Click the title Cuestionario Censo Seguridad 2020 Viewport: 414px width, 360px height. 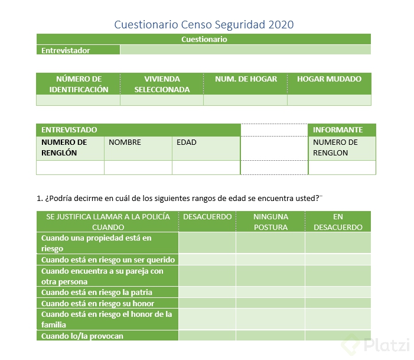[x=203, y=24]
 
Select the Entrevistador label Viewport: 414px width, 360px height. [x=66, y=50]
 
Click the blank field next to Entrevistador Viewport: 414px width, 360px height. [x=245, y=50]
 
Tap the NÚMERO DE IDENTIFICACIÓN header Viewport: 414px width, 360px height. [x=79, y=84]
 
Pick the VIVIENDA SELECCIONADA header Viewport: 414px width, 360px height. [x=162, y=84]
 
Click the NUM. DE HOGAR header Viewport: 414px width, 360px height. [x=246, y=79]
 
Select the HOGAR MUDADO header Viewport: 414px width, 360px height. [x=329, y=79]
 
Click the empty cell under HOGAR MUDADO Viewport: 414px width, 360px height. [x=329, y=100]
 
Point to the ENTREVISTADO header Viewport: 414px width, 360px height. [x=69, y=129]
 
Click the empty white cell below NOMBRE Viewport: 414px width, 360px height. [x=138, y=167]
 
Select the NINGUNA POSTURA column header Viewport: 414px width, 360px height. [x=270, y=222]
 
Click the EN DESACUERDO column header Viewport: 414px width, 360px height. [x=338, y=222]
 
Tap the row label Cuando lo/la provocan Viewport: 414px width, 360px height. [x=82, y=336]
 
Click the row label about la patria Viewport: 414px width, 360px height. [x=96, y=292]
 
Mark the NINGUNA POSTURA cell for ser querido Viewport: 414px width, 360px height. [x=270, y=260]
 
